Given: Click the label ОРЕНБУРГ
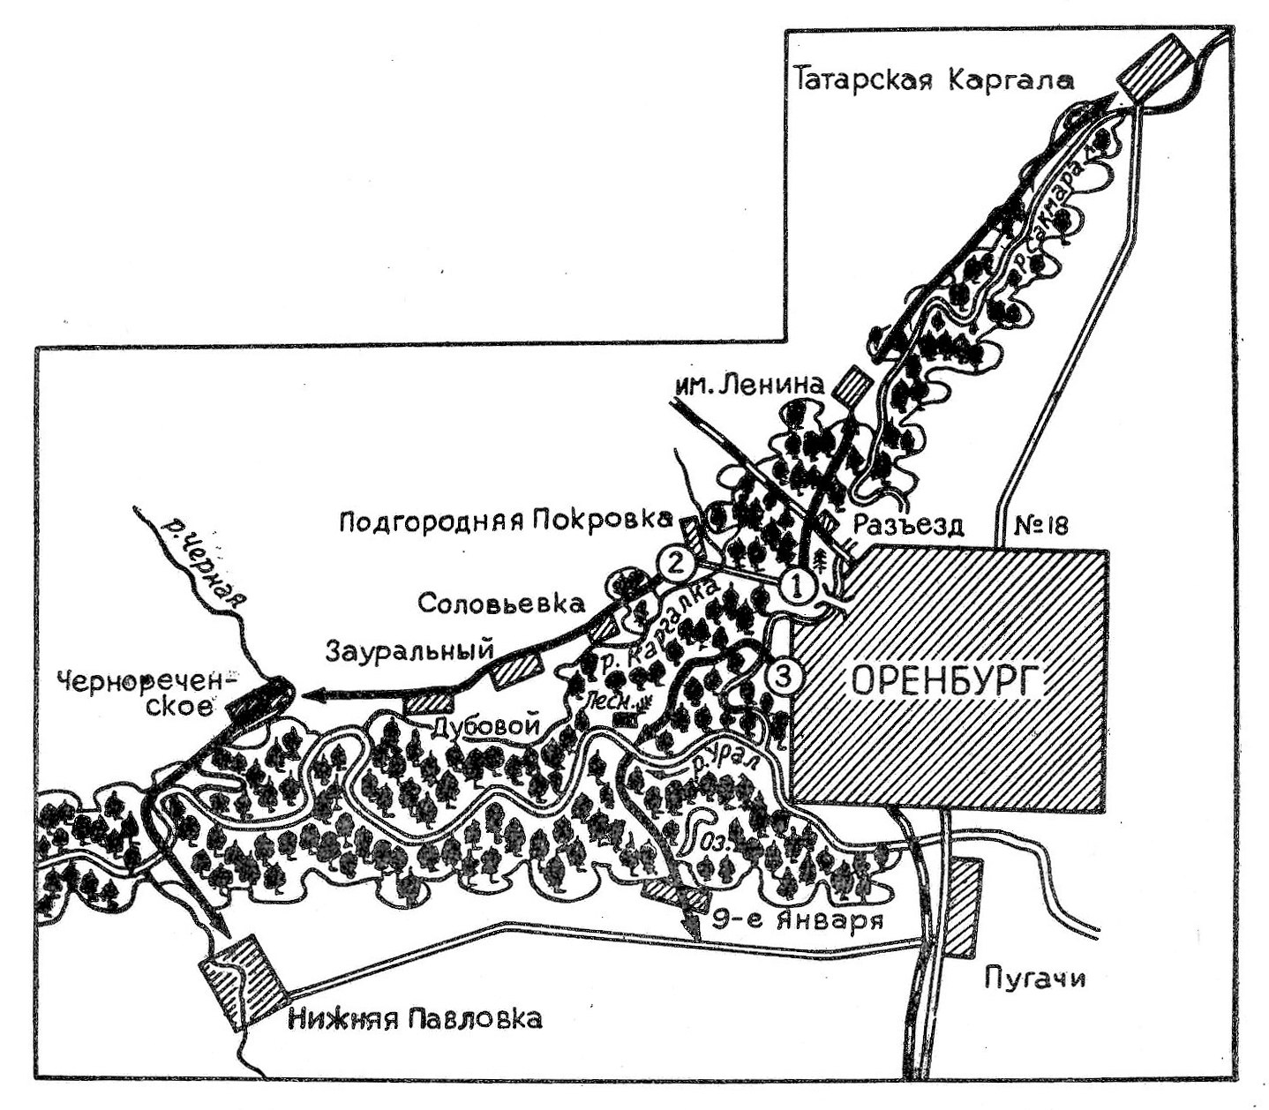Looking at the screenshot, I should coord(945,681).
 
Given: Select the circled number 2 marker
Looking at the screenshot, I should coord(673,563).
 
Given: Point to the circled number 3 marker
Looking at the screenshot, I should coord(785,676).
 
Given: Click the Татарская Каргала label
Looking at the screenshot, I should coord(935,80).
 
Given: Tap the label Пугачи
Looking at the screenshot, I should coord(1032,979).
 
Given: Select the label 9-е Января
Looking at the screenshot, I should coord(799,921).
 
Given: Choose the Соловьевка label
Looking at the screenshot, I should coord(500,604).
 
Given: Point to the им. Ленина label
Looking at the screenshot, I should coord(748,384).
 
